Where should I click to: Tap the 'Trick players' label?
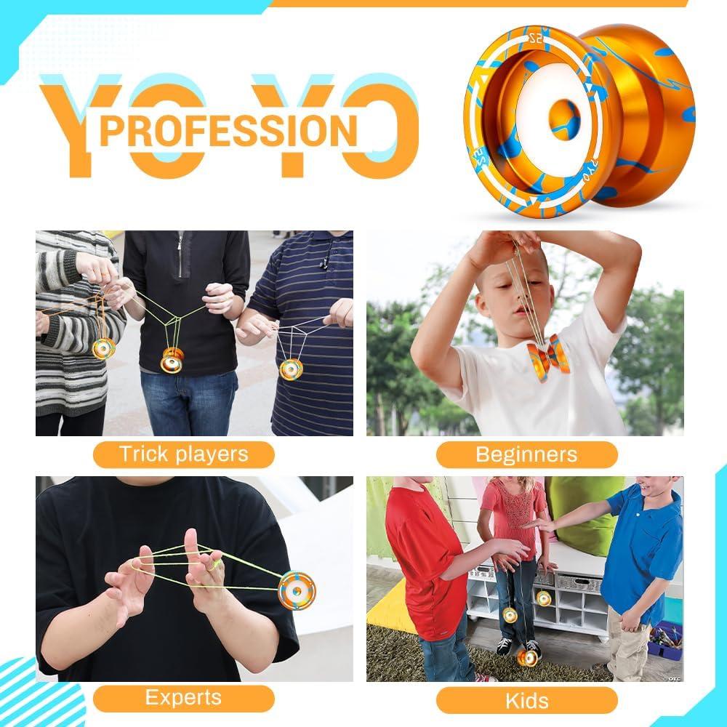[183, 454]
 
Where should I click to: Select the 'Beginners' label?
[526, 454]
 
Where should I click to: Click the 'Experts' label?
[183, 698]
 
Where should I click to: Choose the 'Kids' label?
[526, 699]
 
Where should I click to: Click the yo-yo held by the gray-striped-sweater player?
[103, 348]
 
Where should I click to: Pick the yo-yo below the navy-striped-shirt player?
[291, 369]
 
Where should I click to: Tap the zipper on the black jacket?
[180, 254]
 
